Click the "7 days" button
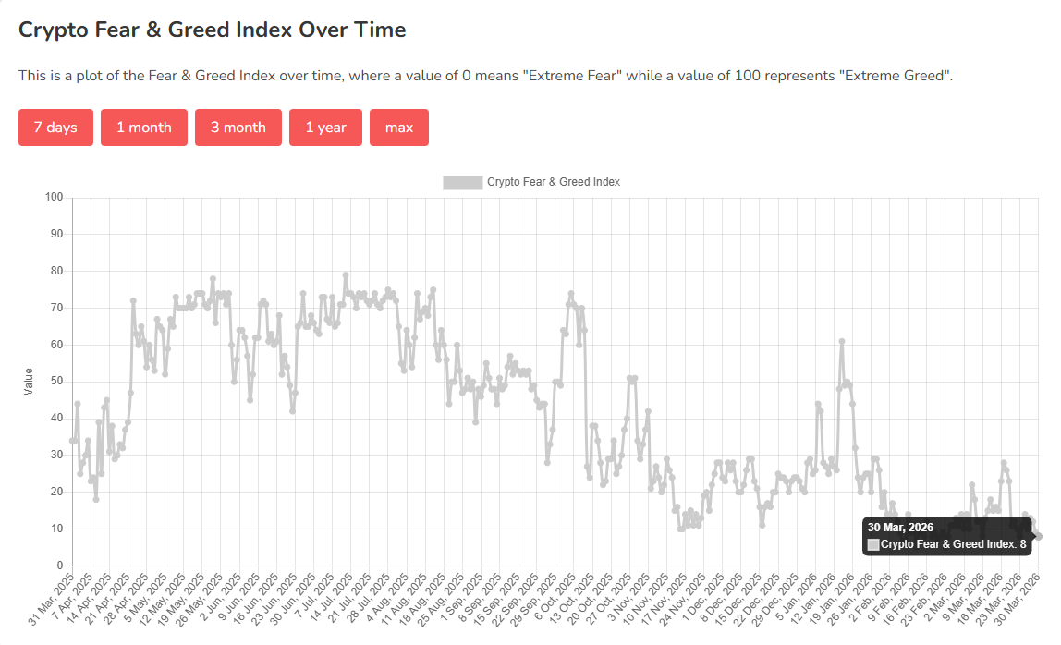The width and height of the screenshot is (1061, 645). pos(55,128)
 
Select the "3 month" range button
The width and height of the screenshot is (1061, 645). pos(238,128)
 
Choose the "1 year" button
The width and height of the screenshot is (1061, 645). pos(325,128)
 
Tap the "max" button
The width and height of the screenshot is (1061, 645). pos(399,128)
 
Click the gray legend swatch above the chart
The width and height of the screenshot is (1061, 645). pos(462,182)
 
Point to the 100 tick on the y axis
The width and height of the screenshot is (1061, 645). pos(54,197)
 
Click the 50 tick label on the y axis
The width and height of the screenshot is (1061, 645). pos(56,381)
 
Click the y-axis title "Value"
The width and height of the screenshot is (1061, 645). pos(28,381)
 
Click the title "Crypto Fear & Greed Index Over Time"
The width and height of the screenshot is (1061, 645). pos(213,30)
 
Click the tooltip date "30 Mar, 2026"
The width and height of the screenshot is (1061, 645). pos(900,527)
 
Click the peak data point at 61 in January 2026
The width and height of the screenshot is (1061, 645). pos(842,341)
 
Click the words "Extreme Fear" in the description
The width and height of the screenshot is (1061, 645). pos(572,76)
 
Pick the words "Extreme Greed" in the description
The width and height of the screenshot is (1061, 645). pos(894,76)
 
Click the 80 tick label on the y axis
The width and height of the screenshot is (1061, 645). pos(56,271)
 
